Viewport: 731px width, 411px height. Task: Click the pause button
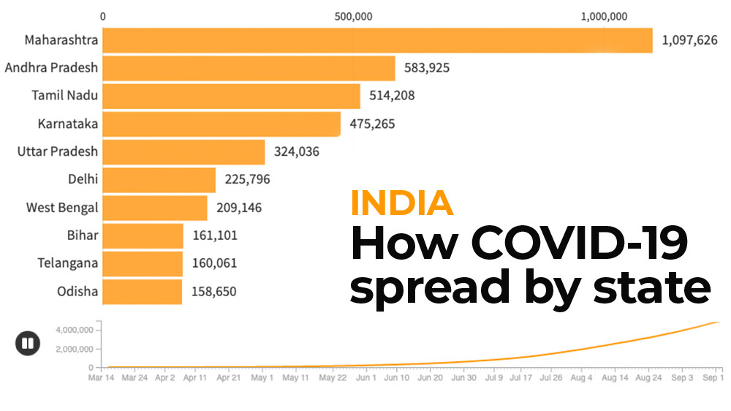click(28, 343)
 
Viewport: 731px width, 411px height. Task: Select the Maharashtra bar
click(377, 40)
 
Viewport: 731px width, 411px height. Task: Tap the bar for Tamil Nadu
click(231, 96)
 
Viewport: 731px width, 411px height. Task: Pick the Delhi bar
click(159, 180)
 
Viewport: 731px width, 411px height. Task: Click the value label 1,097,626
click(689, 41)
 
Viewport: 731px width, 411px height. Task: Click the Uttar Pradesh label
click(58, 151)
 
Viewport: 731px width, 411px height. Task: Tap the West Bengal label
click(62, 208)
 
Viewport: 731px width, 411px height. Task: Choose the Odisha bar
click(142, 291)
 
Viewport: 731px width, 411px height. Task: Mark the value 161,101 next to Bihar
click(214, 235)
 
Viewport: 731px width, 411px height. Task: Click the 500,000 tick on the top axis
click(353, 17)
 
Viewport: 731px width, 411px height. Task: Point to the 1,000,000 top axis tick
click(604, 17)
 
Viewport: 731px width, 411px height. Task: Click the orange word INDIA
click(401, 203)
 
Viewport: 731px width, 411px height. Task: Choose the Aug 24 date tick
click(649, 378)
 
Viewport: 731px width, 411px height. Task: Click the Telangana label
click(68, 263)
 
